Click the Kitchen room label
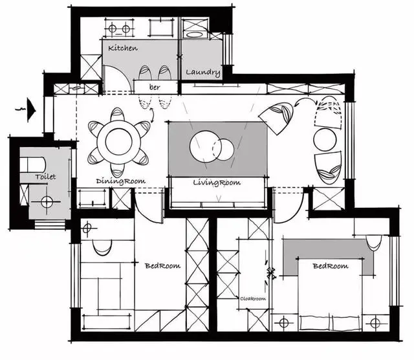tap(123, 48)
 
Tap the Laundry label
tap(202, 72)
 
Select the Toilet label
tap(45, 177)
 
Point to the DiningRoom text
tap(121, 181)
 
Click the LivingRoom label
tap(217, 183)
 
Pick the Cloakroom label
tap(253, 298)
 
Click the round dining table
tap(118, 142)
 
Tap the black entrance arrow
tap(31, 109)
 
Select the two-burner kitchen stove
tap(119, 28)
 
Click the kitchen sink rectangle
tap(161, 27)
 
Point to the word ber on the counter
tap(155, 87)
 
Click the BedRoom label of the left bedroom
tap(162, 265)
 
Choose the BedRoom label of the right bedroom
tap(331, 265)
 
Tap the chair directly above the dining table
tap(117, 115)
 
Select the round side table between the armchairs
tap(325, 140)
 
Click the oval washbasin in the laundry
tap(195, 34)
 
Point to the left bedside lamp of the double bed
tap(283, 323)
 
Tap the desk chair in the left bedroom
tap(102, 247)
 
